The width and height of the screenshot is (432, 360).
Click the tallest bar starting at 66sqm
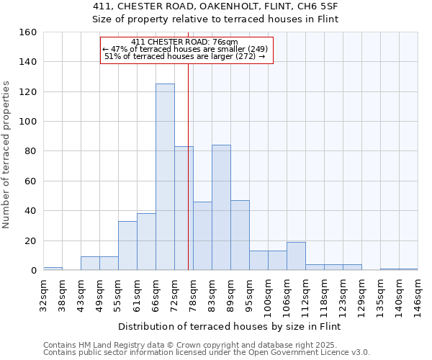(165, 177)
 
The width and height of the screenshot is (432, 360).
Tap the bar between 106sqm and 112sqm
(296, 256)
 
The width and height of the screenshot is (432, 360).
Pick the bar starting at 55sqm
(127, 246)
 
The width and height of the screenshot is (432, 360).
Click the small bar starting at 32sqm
(53, 269)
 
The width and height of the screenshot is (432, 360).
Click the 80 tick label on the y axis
(31, 151)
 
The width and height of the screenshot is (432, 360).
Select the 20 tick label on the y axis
(31, 240)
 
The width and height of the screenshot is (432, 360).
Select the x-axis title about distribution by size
(229, 326)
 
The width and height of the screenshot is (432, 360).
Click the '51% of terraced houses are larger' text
(184, 56)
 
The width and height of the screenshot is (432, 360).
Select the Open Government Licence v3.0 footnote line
(207, 352)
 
